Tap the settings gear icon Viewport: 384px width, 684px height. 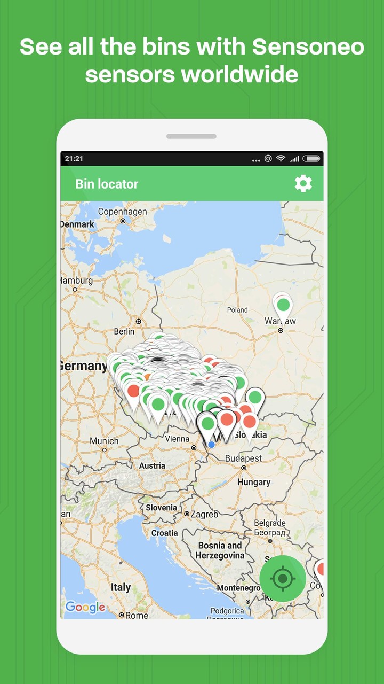pos(303,184)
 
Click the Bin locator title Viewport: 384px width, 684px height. pos(107,184)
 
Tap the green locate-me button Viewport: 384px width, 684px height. pos(283,578)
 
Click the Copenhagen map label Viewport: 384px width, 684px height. pos(123,212)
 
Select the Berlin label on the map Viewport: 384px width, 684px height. pos(124,331)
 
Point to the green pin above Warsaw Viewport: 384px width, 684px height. pos(283,305)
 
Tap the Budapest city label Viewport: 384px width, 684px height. pos(243,458)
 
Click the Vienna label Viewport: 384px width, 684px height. pos(177,439)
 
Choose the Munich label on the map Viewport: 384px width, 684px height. pos(104,441)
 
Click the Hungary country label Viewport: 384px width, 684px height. pos(254,482)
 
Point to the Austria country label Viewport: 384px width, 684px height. pos(152,465)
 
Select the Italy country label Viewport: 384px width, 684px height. pos(121,587)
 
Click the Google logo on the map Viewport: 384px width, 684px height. pos(85,607)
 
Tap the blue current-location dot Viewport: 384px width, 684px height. pos(212,445)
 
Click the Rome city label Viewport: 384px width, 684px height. pos(137,615)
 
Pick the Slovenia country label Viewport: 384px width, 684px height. pos(161,507)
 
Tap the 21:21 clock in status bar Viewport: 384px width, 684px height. pos(74,159)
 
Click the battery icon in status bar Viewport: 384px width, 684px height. pos(311,159)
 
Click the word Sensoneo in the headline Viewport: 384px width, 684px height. pos(308,47)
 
